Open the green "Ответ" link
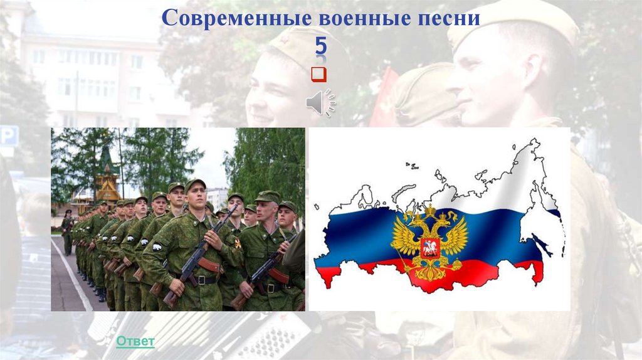coord(135,341)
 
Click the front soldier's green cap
coord(195,183)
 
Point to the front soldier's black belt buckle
coord(200,280)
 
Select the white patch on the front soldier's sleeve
coord(157,246)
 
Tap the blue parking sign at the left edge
coord(8,135)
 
